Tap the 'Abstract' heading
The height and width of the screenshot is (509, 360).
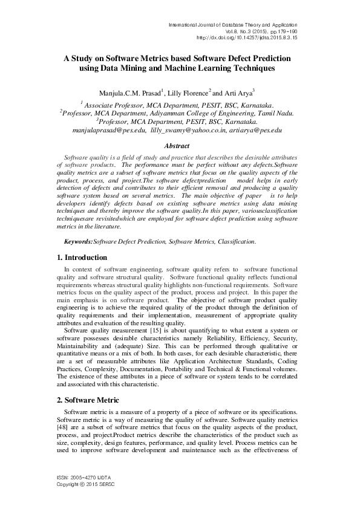(x=180, y=146)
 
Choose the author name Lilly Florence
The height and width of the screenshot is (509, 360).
(x=188, y=92)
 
